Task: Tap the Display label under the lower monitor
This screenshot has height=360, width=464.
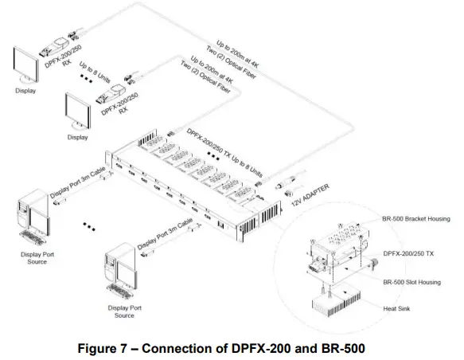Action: [x=77, y=137]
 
